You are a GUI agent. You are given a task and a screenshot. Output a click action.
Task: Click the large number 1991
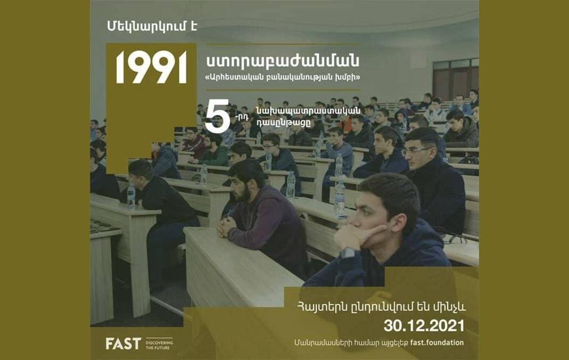pos(151,68)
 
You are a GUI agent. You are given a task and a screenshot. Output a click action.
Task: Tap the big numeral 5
pos(217,116)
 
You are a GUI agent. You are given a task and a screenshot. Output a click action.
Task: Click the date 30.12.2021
pos(424,326)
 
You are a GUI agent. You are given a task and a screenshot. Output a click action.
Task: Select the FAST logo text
pos(123,343)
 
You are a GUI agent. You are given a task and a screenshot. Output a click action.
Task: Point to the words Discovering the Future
pos(159,345)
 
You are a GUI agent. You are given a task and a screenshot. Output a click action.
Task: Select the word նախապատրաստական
pos(308,111)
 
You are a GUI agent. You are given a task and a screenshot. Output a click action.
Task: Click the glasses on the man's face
pos(416,151)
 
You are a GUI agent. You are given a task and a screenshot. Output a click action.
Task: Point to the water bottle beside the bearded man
pos(290,185)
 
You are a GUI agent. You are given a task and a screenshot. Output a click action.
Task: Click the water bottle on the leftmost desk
pos(131,197)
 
